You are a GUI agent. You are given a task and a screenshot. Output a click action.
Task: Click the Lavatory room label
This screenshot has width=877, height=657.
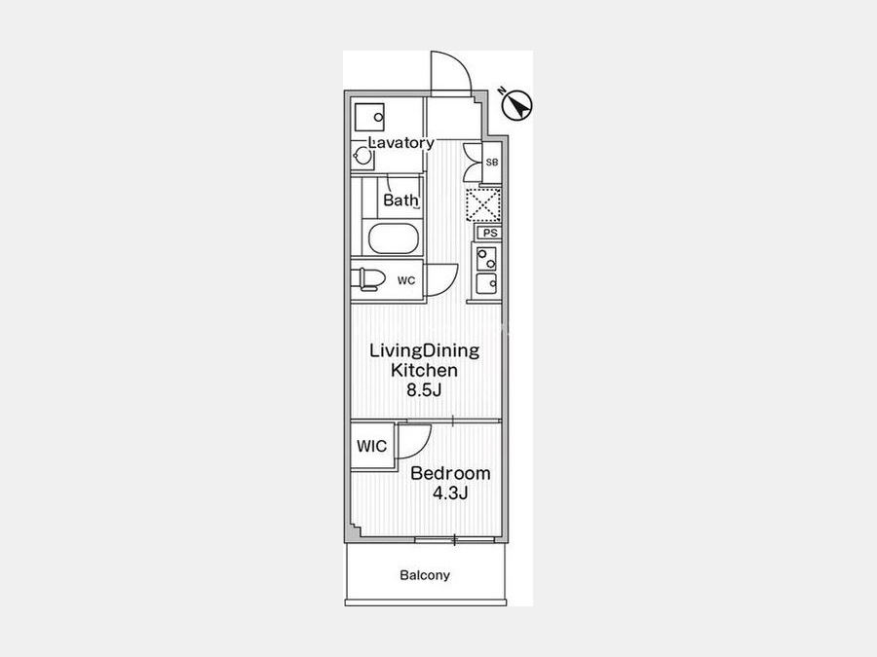point(401,142)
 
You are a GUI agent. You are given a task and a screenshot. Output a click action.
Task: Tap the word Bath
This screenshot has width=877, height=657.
point(400,200)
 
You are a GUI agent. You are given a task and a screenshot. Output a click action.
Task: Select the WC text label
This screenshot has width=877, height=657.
point(406,280)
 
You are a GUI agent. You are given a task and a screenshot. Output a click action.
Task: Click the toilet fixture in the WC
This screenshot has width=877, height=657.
point(368,279)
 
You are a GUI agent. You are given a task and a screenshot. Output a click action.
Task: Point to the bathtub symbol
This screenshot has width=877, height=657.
point(393,239)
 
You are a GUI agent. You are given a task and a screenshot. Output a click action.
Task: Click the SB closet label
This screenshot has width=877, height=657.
point(492,163)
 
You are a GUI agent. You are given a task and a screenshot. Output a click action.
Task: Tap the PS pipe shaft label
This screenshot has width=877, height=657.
point(490,233)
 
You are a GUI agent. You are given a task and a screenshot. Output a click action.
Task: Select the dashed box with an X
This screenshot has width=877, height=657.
point(483,205)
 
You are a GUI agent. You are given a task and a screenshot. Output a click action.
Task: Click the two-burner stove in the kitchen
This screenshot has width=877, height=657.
point(486,259)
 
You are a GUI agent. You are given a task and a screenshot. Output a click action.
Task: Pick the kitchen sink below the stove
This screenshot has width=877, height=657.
point(486,284)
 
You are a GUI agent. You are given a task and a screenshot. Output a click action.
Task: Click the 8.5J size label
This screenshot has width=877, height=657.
point(424,390)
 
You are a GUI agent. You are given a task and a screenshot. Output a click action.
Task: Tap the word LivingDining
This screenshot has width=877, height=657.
point(425,350)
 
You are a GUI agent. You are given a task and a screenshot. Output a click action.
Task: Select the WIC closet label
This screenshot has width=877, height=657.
point(372,447)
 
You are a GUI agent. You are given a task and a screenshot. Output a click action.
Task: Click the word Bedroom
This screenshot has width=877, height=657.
point(450,473)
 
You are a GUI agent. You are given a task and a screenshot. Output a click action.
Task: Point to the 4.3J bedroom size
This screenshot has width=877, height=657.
point(450,493)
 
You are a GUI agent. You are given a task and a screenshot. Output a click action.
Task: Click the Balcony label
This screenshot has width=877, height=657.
point(425,575)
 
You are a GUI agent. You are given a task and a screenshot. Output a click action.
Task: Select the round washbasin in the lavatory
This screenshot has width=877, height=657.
point(363,157)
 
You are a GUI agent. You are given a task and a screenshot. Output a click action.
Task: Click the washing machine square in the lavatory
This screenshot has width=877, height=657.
point(369,117)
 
